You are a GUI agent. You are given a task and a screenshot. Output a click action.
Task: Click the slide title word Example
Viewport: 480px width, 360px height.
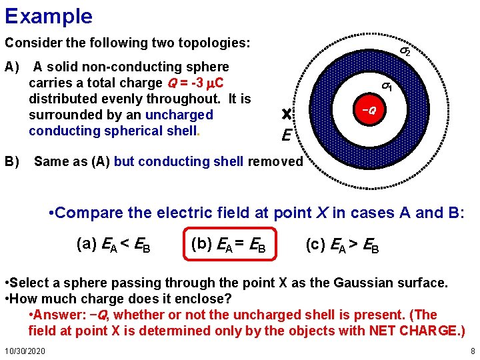49,15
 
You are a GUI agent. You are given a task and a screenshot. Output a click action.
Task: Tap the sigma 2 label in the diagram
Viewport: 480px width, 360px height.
405,51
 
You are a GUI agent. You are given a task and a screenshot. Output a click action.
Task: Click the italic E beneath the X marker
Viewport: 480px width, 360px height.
285,137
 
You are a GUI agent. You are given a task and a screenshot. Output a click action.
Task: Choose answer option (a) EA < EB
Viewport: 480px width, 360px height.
113,244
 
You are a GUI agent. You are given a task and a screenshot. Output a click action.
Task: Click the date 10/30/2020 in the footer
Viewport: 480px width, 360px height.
25,351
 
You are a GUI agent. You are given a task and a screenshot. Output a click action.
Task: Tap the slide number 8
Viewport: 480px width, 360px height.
472,351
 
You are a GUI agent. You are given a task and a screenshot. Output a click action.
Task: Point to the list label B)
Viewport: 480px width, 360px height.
13,161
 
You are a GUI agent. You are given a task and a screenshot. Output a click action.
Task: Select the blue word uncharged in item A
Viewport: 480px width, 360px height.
179,115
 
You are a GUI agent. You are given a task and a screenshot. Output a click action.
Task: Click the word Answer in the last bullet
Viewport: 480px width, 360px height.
59,315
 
